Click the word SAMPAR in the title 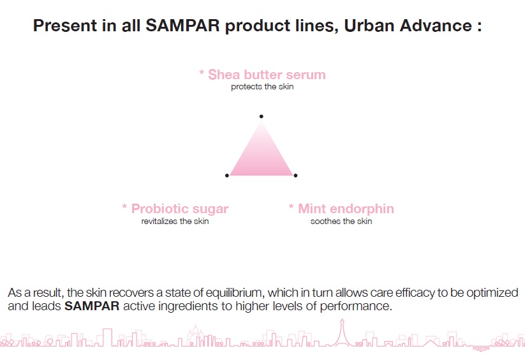[x=182, y=26]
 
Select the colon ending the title [x=479, y=26]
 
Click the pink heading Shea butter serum [x=267, y=74]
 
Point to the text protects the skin [x=262, y=86]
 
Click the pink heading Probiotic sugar [x=180, y=209]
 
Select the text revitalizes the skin [x=175, y=221]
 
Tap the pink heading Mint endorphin [x=346, y=209]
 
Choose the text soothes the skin [x=341, y=221]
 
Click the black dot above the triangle [x=261, y=116]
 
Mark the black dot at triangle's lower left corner [x=227, y=176]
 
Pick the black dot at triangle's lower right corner [x=295, y=176]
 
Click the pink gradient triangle [x=261, y=158]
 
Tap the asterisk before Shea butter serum [x=202, y=72]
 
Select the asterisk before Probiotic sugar [x=124, y=207]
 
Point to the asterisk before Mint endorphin [x=292, y=207]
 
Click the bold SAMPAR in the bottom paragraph [x=92, y=306]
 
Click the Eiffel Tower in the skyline [x=342, y=333]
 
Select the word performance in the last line [x=355, y=306]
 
